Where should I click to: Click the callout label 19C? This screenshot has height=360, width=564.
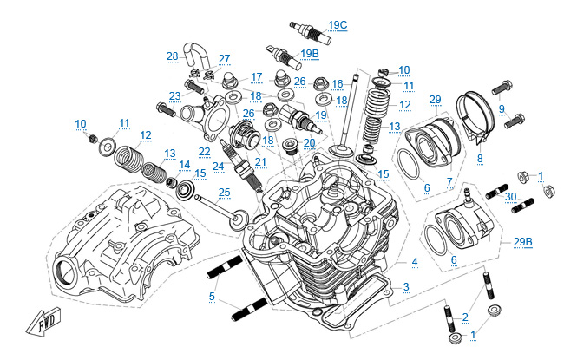(338, 24)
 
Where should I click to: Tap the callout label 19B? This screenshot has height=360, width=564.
(310, 53)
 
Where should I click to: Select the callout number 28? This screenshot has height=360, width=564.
(172, 56)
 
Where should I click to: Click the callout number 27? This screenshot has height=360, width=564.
(224, 59)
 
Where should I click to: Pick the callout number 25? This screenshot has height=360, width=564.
(224, 193)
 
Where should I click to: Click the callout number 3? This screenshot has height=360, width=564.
(406, 286)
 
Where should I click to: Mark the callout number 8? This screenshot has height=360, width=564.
(480, 159)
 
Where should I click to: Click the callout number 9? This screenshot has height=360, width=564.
(501, 108)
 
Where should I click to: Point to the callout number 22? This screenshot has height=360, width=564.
(205, 151)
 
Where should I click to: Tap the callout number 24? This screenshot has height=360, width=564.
(219, 166)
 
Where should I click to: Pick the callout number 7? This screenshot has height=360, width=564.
(449, 182)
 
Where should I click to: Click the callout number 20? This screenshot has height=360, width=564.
(309, 143)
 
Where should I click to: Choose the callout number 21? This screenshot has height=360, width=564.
(260, 161)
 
